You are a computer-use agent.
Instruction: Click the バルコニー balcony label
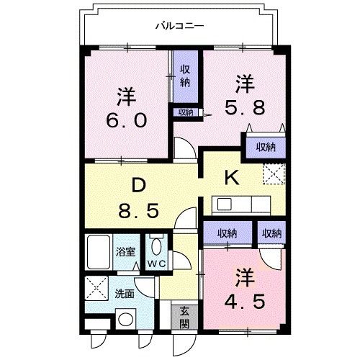pyautogui.click(x=179, y=26)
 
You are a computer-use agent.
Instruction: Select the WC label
pyautogui.click(x=156, y=264)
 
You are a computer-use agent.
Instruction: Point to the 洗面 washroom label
pyautogui.click(x=125, y=294)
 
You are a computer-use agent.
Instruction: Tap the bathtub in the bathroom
pyautogui.click(x=97, y=252)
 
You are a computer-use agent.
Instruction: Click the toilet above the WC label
pyautogui.click(x=156, y=247)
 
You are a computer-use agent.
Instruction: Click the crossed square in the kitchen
pyautogui.click(x=273, y=175)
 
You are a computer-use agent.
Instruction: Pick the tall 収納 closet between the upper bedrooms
pyautogui.click(x=184, y=74)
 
